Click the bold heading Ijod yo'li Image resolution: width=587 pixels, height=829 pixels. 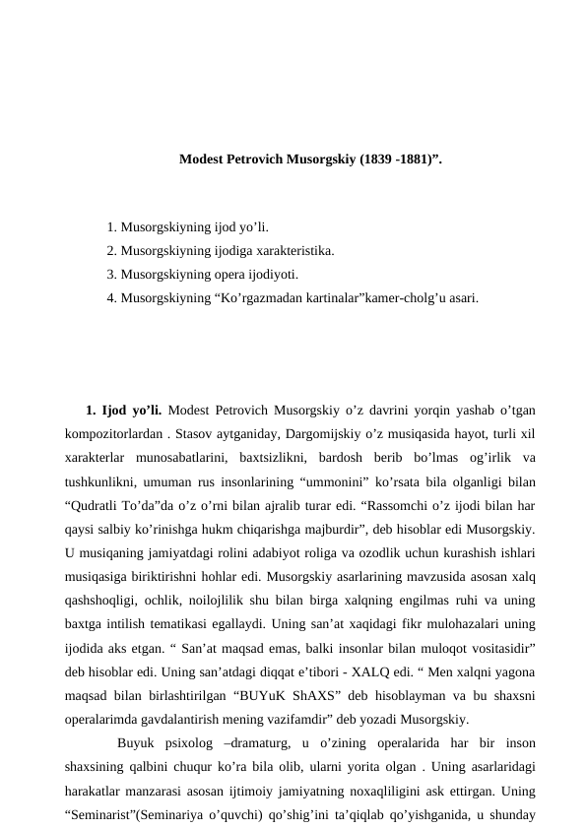click(x=132, y=410)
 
